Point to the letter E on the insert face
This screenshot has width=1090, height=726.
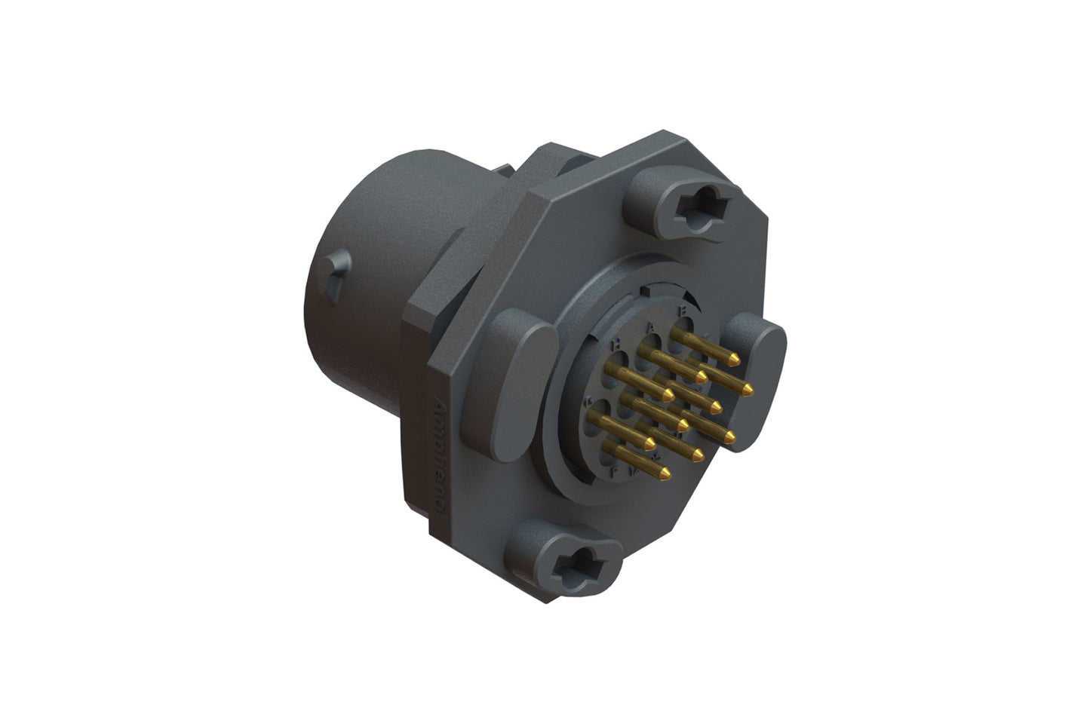(683, 310)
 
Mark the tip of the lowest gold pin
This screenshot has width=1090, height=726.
(665, 473)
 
